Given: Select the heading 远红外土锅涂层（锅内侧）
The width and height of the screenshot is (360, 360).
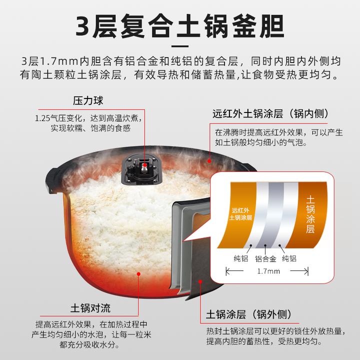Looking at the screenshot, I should tap(270, 113).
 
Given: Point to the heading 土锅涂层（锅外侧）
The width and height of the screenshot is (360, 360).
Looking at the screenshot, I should tap(248, 315).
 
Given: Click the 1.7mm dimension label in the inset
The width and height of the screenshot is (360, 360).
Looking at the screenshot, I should tap(268, 271).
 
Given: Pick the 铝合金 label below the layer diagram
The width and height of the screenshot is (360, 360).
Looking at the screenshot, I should tap(265, 258).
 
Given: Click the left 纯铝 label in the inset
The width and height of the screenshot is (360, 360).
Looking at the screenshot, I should tap(240, 258).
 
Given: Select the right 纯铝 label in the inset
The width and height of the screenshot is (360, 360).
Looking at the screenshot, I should tap(289, 258).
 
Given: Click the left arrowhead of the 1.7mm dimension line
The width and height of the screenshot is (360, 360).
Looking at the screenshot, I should tap(228, 271).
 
